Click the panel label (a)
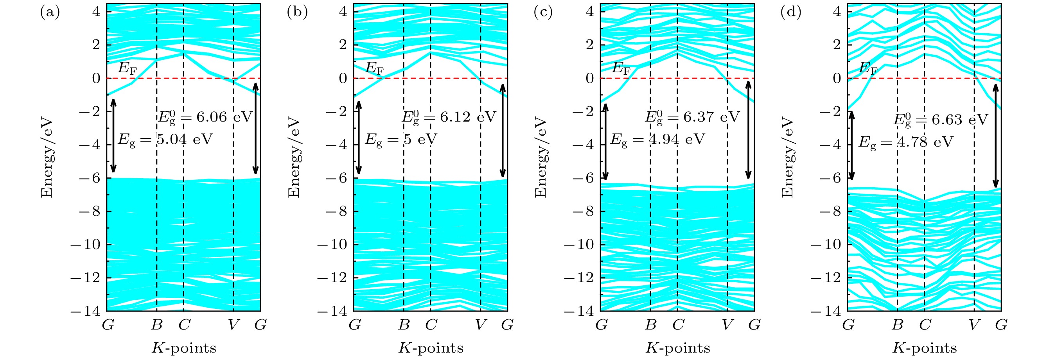click(x=50, y=13)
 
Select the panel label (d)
click(x=790, y=13)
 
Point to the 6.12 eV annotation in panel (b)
click(x=449, y=117)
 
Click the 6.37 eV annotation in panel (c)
click(x=692, y=117)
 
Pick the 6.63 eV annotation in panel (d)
click(x=940, y=120)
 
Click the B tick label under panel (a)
click(x=157, y=325)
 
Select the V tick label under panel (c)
click(x=727, y=325)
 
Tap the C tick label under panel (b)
click(x=431, y=325)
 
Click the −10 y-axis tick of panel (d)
click(x=826, y=245)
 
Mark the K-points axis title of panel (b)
click(x=431, y=348)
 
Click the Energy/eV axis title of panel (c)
click(x=541, y=158)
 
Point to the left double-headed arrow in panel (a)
click(x=113, y=136)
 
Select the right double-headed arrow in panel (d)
click(x=996, y=135)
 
